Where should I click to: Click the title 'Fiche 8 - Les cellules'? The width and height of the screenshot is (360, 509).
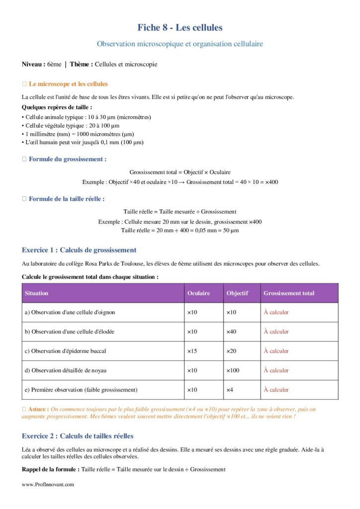pos(180,27)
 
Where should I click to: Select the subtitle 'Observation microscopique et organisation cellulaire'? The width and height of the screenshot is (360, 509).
pos(180,44)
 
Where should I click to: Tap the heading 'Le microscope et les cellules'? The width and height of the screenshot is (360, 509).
pos(68,84)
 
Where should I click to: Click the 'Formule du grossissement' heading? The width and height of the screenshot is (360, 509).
pos(68,159)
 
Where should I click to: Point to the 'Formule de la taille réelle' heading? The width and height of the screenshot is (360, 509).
pos(67,199)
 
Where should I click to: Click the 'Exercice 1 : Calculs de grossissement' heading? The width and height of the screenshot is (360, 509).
pos(79,250)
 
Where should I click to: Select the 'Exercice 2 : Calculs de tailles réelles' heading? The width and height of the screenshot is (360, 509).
pos(78,436)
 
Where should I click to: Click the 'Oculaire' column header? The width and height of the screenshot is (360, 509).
pos(198,293)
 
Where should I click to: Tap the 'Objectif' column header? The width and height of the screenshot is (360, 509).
pos(237,293)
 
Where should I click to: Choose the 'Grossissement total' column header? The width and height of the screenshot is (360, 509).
pos(289,293)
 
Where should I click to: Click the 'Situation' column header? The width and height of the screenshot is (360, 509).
pos(37,293)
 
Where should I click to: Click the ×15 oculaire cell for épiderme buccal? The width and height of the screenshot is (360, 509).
pos(192,351)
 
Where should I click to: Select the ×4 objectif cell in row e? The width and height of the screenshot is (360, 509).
pos(230,390)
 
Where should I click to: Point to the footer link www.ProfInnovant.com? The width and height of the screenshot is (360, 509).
pos(48,484)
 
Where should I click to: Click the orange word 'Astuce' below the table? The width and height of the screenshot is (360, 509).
pos(39,409)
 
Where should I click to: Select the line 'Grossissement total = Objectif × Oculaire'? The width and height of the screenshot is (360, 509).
pos(180,172)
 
